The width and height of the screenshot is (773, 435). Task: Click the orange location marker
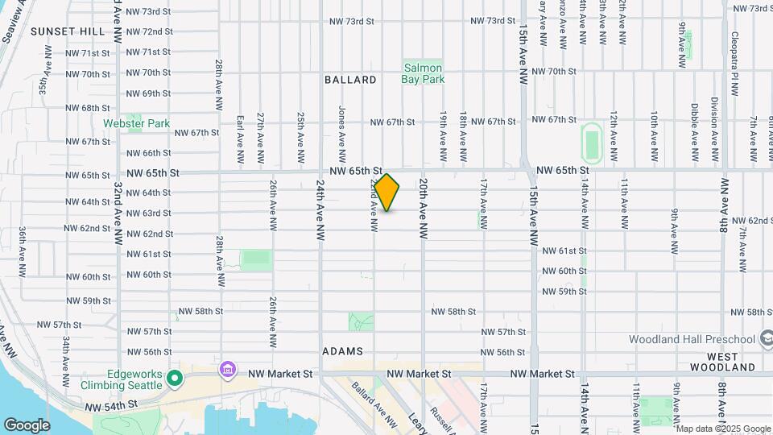(386, 193)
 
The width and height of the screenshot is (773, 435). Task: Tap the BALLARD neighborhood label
(350, 80)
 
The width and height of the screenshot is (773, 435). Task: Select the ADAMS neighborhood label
(343, 351)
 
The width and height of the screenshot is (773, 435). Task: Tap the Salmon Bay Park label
(423, 73)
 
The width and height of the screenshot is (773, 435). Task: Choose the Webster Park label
(136, 123)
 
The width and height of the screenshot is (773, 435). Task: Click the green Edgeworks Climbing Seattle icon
(173, 378)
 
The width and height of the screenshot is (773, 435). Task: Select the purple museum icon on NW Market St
(228, 370)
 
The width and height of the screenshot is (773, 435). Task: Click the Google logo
(27, 425)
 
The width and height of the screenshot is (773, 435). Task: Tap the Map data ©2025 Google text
(723, 429)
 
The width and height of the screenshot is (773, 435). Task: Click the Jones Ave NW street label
(342, 134)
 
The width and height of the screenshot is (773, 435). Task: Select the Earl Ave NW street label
(240, 142)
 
